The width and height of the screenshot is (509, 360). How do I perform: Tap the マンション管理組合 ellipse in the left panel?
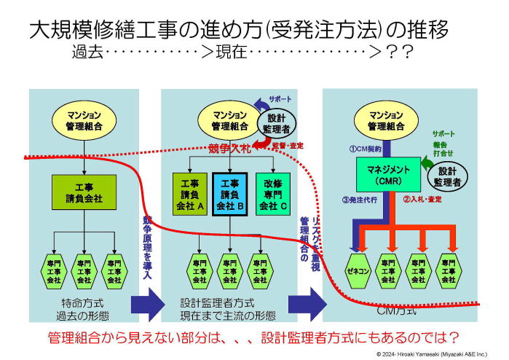pos(84,121)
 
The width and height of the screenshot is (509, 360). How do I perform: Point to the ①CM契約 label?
pos(361,148)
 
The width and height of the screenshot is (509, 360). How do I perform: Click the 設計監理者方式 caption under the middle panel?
pos(218,302)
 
